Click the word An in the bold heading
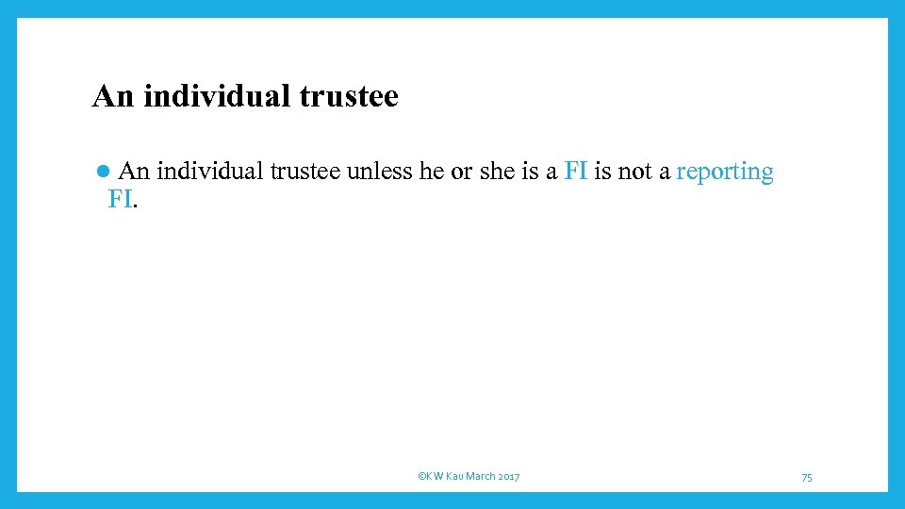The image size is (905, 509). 113,96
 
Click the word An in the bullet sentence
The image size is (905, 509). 135,172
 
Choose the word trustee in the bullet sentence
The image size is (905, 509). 305,172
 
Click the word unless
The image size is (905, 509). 379,172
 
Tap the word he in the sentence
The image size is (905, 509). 430,172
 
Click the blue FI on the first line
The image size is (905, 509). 575,172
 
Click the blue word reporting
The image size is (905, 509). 725,172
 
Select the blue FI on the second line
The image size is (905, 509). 120,199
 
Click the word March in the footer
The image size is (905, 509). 481,477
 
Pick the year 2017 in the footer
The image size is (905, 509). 509,477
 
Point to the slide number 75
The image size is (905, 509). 807,478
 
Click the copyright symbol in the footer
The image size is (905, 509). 420,477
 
